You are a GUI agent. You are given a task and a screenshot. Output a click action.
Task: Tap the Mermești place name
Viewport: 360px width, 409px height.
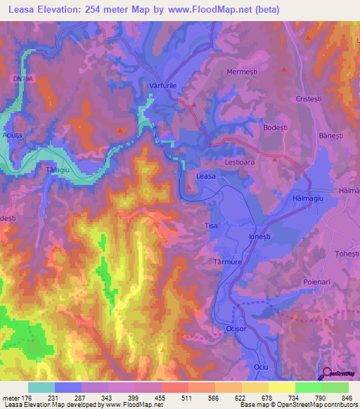243,72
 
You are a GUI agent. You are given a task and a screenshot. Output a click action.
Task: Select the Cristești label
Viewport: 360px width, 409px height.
313,99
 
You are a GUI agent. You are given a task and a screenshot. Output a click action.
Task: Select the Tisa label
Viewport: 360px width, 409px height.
211,226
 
